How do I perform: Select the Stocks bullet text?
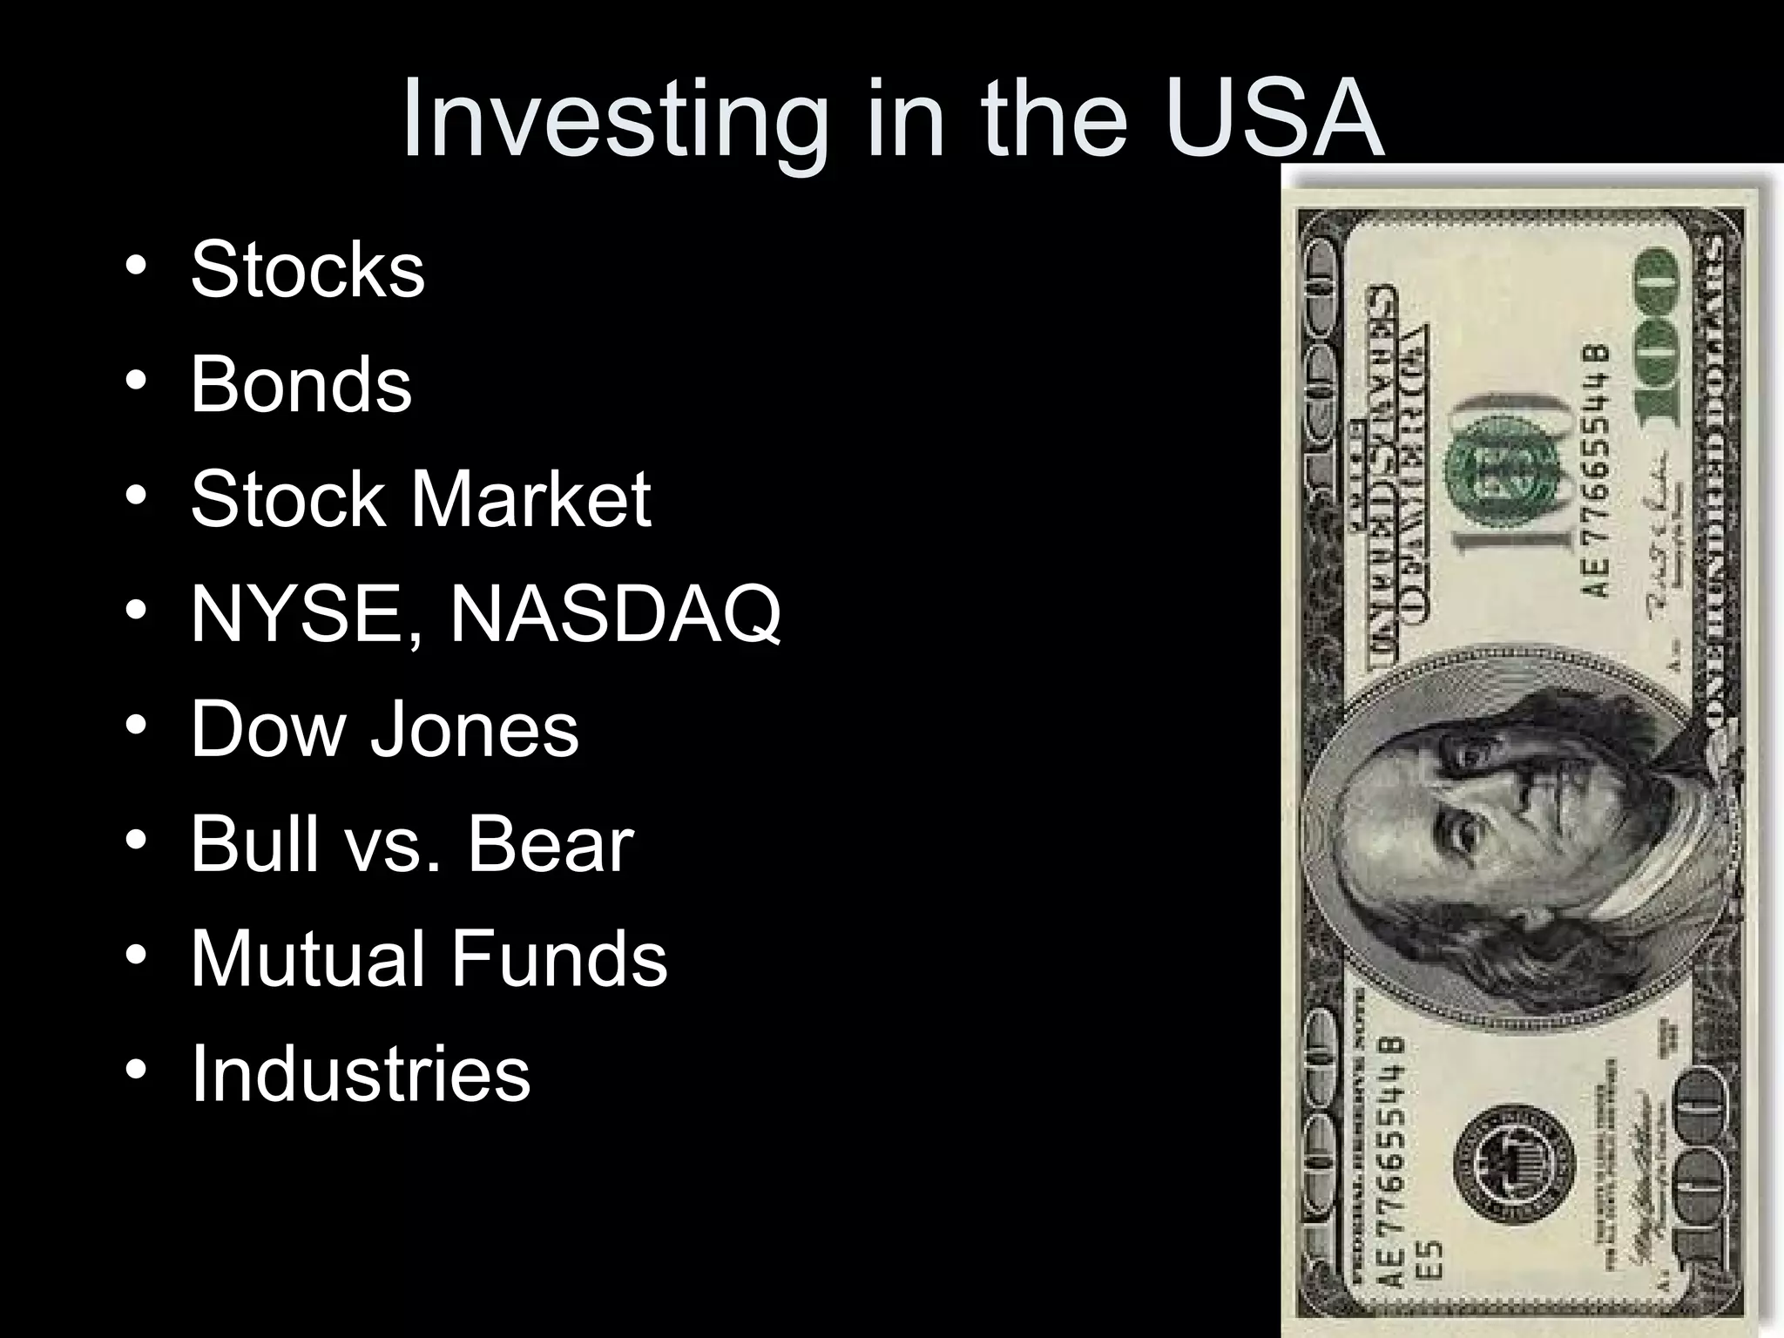click(x=307, y=269)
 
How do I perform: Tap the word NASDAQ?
click(x=615, y=615)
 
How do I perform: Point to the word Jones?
click(x=475, y=729)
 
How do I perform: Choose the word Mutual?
click(x=307, y=958)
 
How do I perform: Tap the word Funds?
click(x=558, y=958)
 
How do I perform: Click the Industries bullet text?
click(x=360, y=1073)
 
